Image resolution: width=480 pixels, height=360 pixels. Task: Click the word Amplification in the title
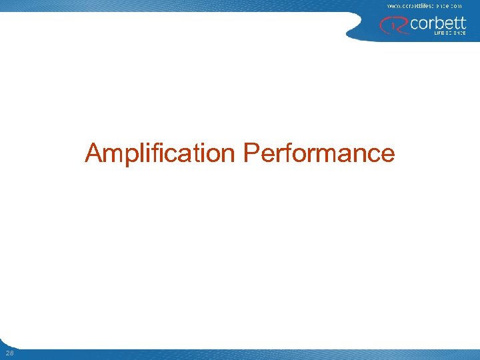(161, 153)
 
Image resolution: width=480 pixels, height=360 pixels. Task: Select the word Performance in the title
(319, 153)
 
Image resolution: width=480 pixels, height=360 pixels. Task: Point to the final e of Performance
(387, 155)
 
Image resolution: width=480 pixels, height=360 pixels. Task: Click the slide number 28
(8, 352)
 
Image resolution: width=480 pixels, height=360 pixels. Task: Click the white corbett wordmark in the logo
(438, 23)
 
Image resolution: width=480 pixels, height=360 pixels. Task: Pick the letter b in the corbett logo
(436, 23)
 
